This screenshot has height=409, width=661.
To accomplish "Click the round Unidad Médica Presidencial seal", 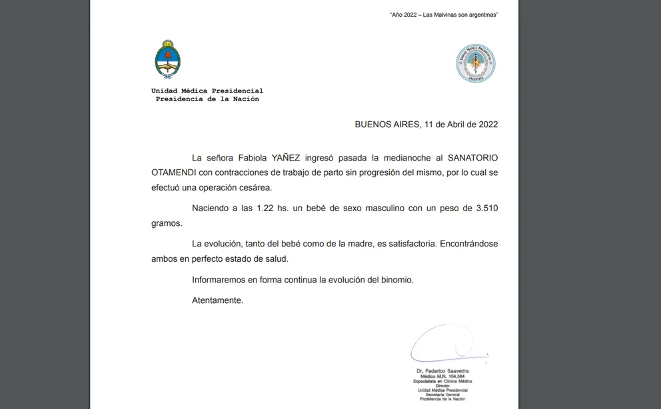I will coord(476,64).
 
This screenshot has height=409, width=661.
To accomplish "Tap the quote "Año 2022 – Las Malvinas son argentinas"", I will coord(444,15).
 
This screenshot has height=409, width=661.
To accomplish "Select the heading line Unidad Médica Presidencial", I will coord(207,91).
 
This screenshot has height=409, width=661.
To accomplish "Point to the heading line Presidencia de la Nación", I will coord(207,99).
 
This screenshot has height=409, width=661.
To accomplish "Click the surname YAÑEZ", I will coord(287,158).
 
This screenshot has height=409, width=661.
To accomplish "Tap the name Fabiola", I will coord(250,158).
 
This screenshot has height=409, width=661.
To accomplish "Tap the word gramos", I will coord(166,224).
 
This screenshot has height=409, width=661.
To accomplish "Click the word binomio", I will coord(398,280).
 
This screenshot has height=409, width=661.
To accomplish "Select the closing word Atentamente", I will coord(217,300).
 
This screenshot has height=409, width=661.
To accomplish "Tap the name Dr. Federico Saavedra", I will coord(442,370).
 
